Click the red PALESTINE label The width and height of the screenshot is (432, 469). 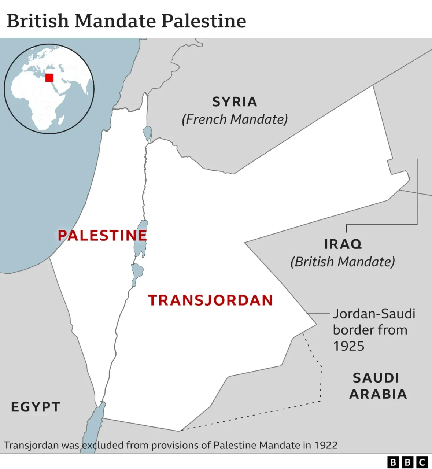coord(102,235)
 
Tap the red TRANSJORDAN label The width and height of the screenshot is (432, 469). coord(210,300)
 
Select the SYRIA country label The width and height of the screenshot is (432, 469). coord(235,102)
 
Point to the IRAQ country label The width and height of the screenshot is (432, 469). coord(343,244)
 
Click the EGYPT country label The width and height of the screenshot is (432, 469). coord(36,407)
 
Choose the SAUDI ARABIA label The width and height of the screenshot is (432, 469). coord(378,386)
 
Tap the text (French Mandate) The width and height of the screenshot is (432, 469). coord(235,119)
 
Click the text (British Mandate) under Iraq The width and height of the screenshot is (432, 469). coord(343,262)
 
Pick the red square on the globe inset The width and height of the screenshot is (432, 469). coord(49,78)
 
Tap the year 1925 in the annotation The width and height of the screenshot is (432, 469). coord(348,346)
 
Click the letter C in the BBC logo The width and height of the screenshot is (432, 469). coord(422,462)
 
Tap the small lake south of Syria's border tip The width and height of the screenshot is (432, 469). coord(147,133)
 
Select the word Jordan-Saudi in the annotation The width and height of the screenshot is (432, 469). coord(374,314)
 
